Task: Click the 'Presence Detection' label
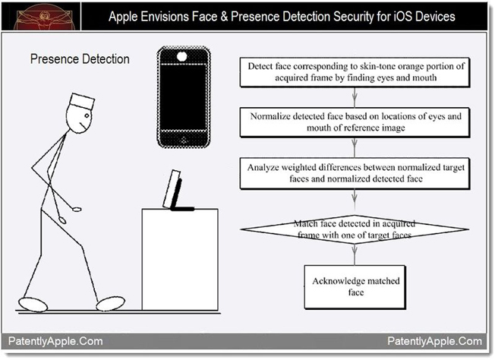80,59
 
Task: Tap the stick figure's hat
82,101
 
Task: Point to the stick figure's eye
87,115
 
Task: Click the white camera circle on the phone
182,57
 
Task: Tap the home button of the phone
184,140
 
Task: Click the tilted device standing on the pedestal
176,191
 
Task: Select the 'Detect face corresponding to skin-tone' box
355,72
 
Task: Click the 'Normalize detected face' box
355,122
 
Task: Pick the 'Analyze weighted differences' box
355,173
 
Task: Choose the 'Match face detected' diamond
355,229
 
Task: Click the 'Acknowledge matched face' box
355,287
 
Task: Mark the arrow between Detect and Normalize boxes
355,97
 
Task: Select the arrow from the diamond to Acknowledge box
355,254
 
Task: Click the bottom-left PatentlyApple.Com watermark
55,341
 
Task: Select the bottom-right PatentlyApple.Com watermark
435,341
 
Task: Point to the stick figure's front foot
111,303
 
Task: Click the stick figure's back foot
33,305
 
